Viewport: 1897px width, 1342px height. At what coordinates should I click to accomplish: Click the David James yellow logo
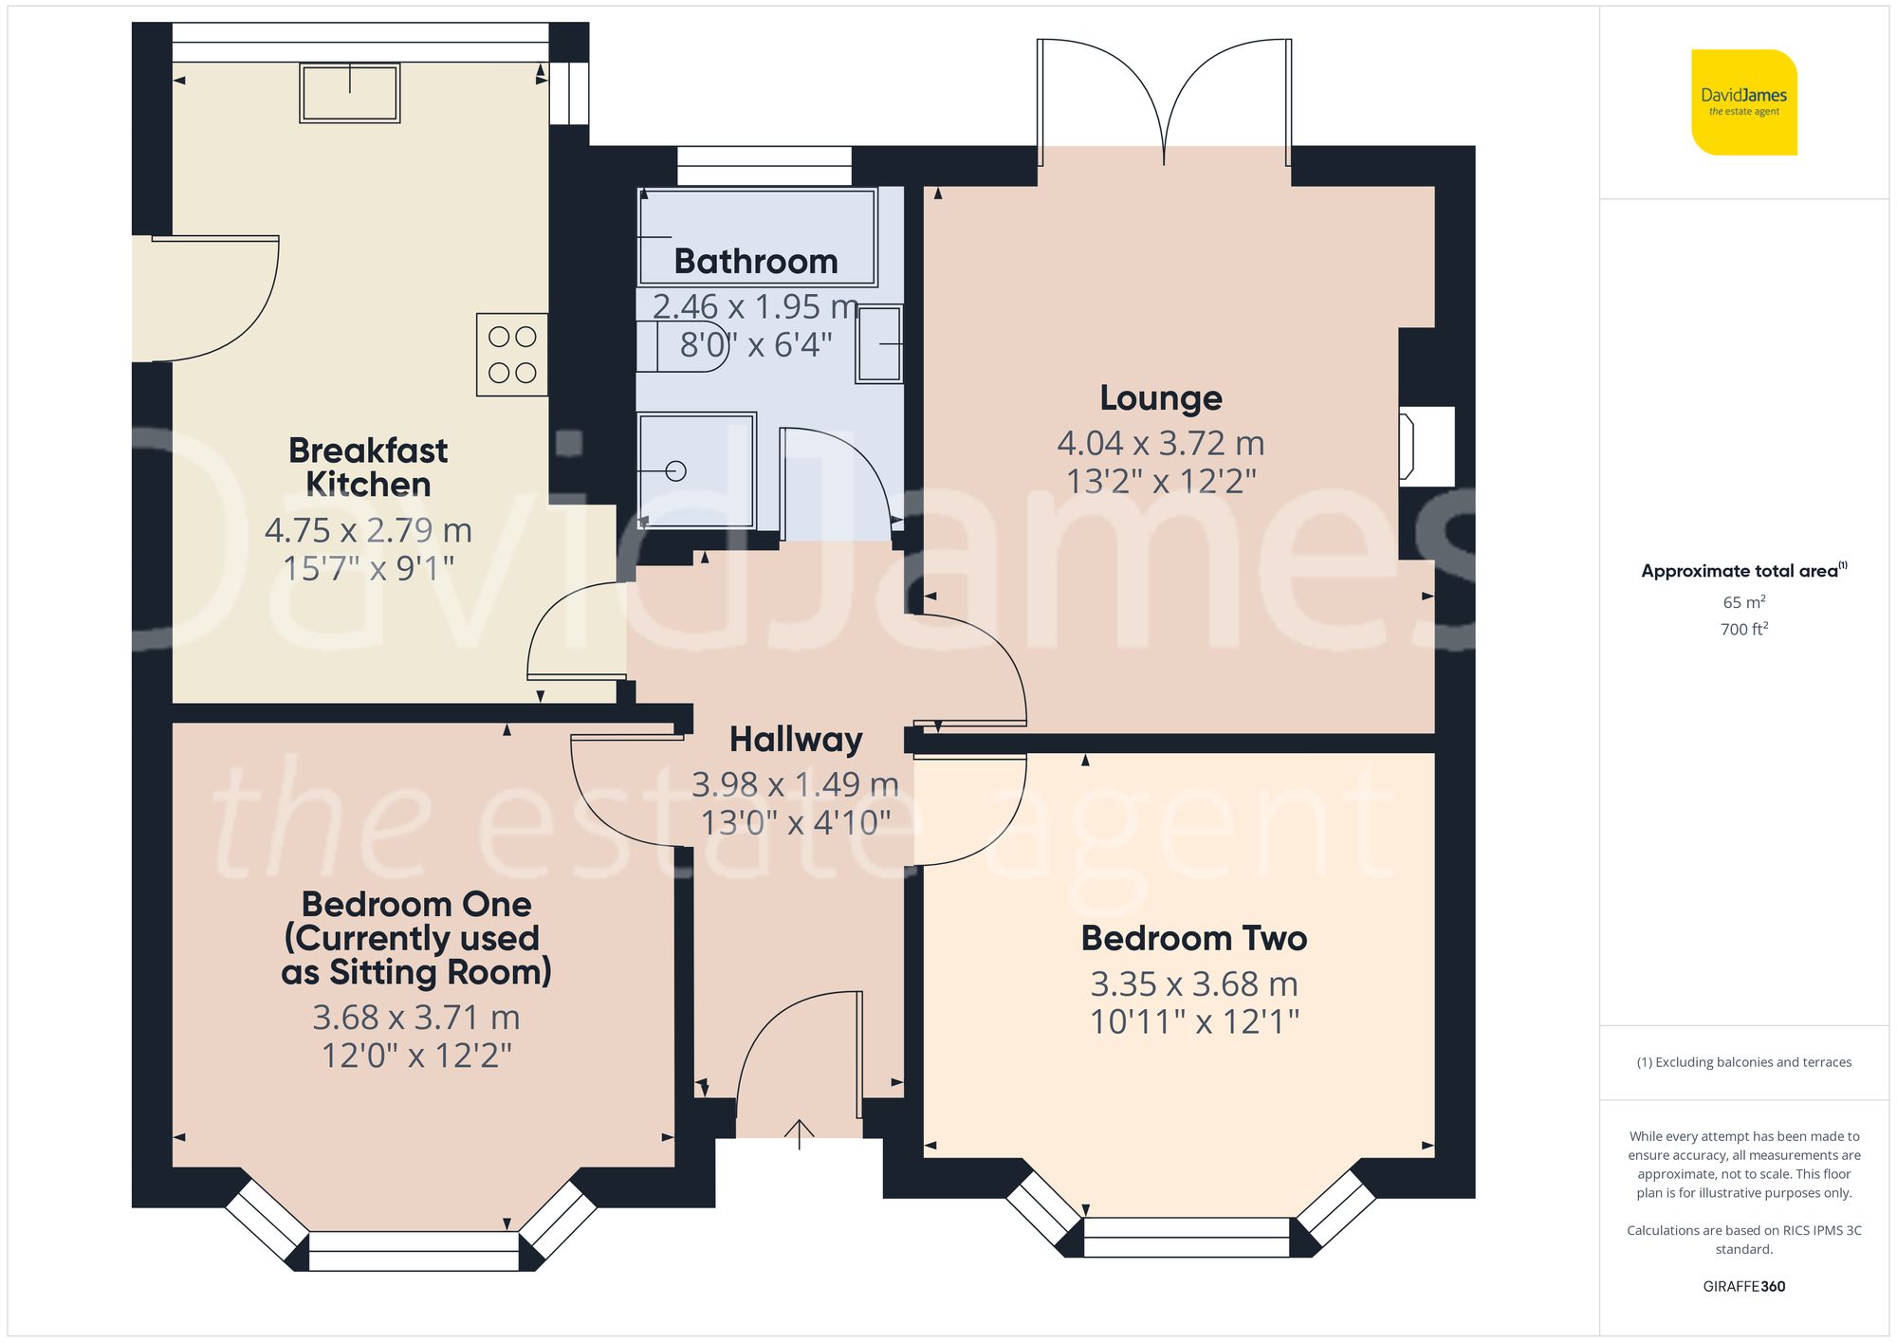[1743, 102]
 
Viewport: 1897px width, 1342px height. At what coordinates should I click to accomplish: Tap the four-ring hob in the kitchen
[512, 355]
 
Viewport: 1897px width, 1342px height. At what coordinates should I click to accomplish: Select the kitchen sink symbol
[350, 93]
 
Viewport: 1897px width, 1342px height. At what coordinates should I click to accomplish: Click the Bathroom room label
[756, 261]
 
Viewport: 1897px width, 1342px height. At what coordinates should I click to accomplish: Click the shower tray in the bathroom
[696, 470]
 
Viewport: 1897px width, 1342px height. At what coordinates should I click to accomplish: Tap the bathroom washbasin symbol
[879, 344]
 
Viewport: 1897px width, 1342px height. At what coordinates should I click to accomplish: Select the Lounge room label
[1160, 397]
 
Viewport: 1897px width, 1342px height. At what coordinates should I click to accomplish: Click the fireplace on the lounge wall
[1426, 447]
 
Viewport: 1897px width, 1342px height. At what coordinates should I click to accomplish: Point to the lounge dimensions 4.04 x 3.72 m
[1160, 443]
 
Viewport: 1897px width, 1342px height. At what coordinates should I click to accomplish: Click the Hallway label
[796, 739]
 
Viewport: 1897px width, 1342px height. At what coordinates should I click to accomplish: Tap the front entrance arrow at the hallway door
[800, 1133]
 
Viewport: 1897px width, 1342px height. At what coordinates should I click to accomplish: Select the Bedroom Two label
[1194, 938]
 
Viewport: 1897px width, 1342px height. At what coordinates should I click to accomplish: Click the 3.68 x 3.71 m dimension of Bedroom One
[416, 1018]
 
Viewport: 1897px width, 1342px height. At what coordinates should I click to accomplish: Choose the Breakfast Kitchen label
[368, 467]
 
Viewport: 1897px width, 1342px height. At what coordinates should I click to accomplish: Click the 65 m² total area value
[1743, 602]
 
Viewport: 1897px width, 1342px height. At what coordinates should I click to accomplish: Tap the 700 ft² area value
[1743, 629]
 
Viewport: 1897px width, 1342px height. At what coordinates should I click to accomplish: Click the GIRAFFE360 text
[1743, 1286]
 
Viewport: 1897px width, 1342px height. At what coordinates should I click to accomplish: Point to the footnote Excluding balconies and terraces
[1743, 1062]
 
